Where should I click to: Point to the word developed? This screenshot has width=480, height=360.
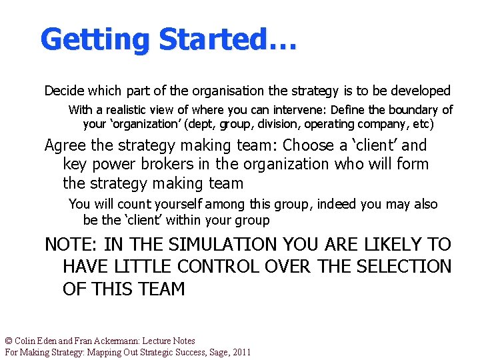tap(421, 91)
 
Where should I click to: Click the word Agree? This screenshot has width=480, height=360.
tap(65, 145)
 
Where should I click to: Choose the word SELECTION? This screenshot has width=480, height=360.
tap(405, 267)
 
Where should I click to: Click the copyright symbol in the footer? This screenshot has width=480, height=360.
tap(9, 341)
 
